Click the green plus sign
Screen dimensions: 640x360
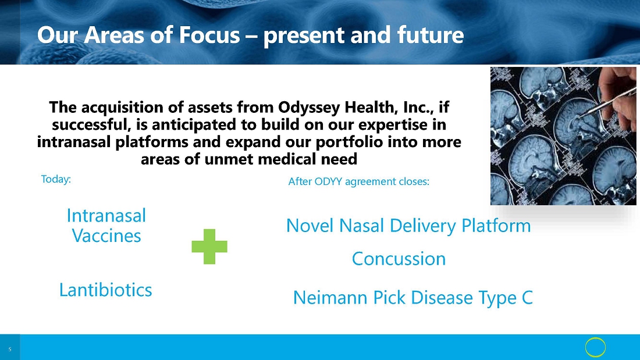click(209, 247)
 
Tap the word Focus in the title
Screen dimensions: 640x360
click(209, 35)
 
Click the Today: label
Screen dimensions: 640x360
click(56, 179)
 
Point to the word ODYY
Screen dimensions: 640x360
click(328, 181)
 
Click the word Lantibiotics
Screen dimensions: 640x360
click(106, 290)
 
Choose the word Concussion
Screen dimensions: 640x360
click(399, 259)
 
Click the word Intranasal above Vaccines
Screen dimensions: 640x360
click(106, 216)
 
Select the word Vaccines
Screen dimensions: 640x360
click(106, 236)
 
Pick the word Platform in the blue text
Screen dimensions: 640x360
click(496, 226)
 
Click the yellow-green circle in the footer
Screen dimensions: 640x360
click(595, 347)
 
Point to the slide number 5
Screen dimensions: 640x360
click(10, 350)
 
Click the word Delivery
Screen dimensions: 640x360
click(423, 226)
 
